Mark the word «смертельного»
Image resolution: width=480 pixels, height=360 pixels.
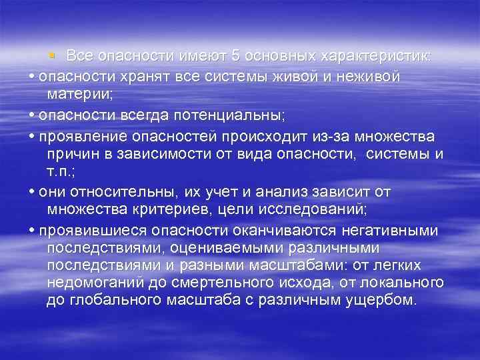point(224,283)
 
